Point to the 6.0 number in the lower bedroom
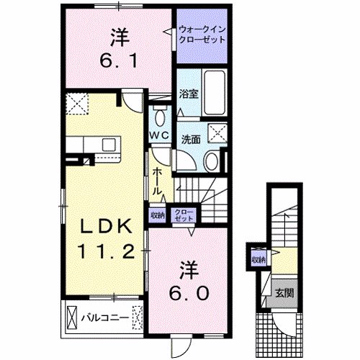[192, 292]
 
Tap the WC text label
[159, 135]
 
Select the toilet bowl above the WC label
[160, 117]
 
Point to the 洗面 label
[190, 138]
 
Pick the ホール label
[157, 181]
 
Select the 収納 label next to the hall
[157, 214]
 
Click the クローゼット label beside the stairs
[185, 214]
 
